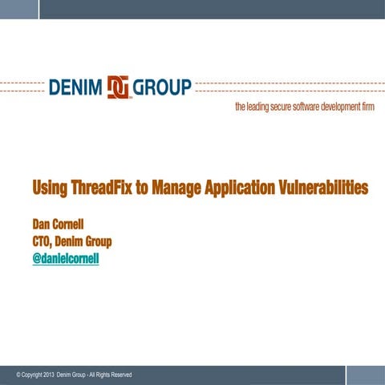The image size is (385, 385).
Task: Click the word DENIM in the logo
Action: coord(76,87)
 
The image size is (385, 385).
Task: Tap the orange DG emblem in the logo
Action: coord(119,87)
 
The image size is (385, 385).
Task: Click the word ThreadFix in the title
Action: coord(103,188)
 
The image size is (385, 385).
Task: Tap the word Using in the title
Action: coord(50,188)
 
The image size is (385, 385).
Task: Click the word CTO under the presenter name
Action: coord(43,241)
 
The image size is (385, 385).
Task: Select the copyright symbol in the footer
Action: coord(18,375)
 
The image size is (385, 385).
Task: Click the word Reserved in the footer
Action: coord(119,375)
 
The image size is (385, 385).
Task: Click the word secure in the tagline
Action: coord(286,107)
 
